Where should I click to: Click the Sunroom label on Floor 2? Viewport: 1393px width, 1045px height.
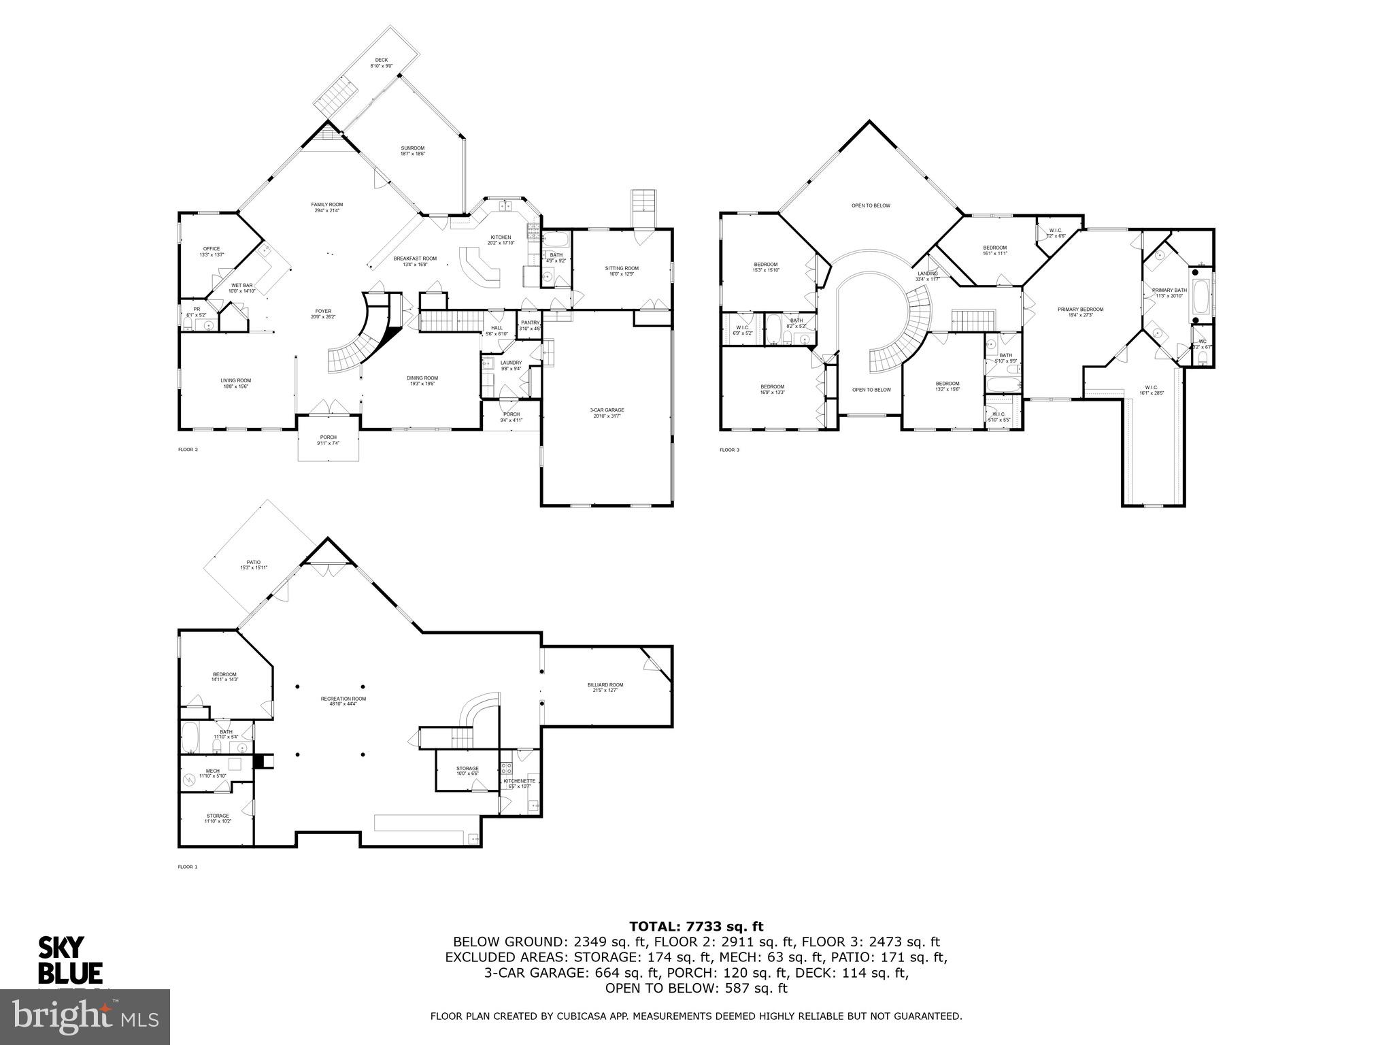[412, 151]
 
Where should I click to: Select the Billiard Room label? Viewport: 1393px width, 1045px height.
[605, 688]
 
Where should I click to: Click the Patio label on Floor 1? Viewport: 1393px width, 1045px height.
[254, 565]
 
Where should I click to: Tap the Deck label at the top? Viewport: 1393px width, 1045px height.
[382, 63]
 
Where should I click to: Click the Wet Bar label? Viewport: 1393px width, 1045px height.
[242, 288]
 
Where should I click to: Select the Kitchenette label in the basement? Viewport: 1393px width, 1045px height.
[520, 783]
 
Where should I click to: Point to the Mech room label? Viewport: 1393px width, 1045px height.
[212, 774]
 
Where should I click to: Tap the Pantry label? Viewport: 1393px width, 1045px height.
[530, 325]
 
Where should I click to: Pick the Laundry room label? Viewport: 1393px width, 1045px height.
[511, 365]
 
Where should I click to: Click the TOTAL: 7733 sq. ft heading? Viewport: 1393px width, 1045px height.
[696, 926]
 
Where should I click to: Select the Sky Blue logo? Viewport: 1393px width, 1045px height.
[69, 960]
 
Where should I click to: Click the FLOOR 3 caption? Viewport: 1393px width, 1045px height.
[729, 450]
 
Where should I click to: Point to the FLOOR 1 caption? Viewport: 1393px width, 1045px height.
[187, 867]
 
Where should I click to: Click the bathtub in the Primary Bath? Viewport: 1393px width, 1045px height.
[1201, 297]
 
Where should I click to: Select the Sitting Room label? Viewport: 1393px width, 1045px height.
[622, 271]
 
